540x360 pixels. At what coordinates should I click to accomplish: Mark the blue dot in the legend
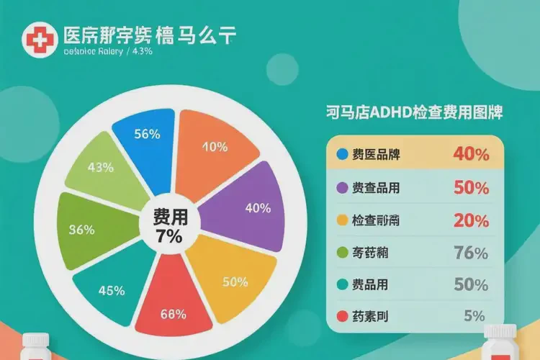[342, 153]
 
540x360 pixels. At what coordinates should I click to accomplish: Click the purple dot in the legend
[342, 187]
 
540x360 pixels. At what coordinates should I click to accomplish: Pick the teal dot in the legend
[342, 284]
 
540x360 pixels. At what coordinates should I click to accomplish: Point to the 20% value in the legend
[471, 221]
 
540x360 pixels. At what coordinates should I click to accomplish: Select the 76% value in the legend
[471, 253]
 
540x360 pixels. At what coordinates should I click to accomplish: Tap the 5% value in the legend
[475, 315]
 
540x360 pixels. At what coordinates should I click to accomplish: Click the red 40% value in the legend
[471, 154]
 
